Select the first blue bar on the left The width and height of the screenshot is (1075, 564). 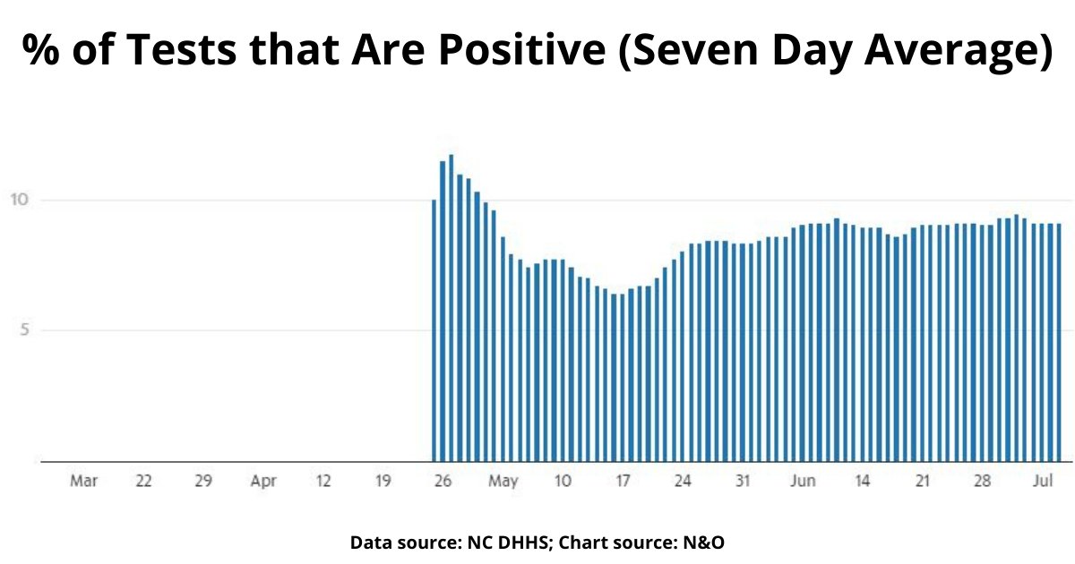[x=434, y=331]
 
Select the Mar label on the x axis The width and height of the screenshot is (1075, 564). [x=83, y=482]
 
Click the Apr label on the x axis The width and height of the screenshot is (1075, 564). [x=263, y=482]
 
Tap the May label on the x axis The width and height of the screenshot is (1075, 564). [x=503, y=482]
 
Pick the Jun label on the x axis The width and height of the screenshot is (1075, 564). [x=803, y=482]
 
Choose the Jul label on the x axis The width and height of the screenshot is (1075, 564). [x=1042, y=482]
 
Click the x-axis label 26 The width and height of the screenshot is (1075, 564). [x=442, y=482]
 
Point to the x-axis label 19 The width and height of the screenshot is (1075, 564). [x=383, y=482]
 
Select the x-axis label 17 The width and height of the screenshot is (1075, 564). [x=622, y=482]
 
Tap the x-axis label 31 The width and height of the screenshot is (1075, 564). [x=742, y=482]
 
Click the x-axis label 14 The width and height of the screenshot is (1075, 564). [x=862, y=482]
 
